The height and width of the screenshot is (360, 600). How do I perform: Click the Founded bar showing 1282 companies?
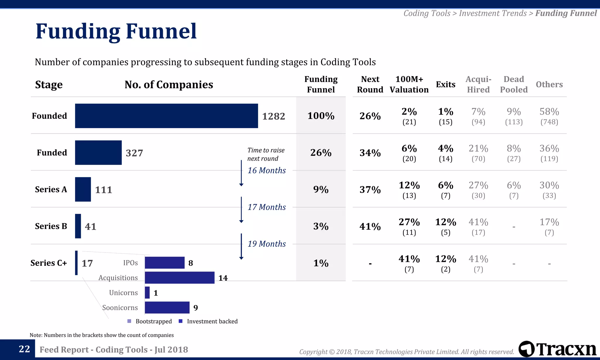[166, 116]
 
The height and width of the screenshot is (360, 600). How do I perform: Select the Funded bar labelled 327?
[98, 153]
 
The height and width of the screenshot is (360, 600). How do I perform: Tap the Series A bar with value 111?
[83, 189]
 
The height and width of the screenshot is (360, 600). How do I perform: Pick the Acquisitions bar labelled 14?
[180, 278]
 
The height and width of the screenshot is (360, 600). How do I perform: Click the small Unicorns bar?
[147, 293]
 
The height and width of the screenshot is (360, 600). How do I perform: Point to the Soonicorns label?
[120, 308]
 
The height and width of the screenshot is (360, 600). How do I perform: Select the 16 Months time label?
[267, 170]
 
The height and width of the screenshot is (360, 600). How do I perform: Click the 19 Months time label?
[267, 244]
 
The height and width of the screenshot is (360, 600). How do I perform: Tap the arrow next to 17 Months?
[241, 210]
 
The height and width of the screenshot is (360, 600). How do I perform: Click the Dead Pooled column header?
[514, 84]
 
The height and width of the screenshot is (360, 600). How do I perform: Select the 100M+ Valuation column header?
[409, 84]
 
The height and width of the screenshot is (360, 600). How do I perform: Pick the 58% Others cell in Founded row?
[549, 116]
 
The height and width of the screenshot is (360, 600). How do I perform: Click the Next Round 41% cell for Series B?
[370, 226]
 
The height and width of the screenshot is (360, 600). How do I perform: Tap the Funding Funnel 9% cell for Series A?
[321, 190]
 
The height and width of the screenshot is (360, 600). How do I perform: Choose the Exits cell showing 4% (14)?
[445, 153]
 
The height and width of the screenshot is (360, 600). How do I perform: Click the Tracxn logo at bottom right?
[557, 349]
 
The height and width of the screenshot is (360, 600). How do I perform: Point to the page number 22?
[24, 349]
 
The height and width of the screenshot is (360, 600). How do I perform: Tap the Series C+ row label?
[49, 263]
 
